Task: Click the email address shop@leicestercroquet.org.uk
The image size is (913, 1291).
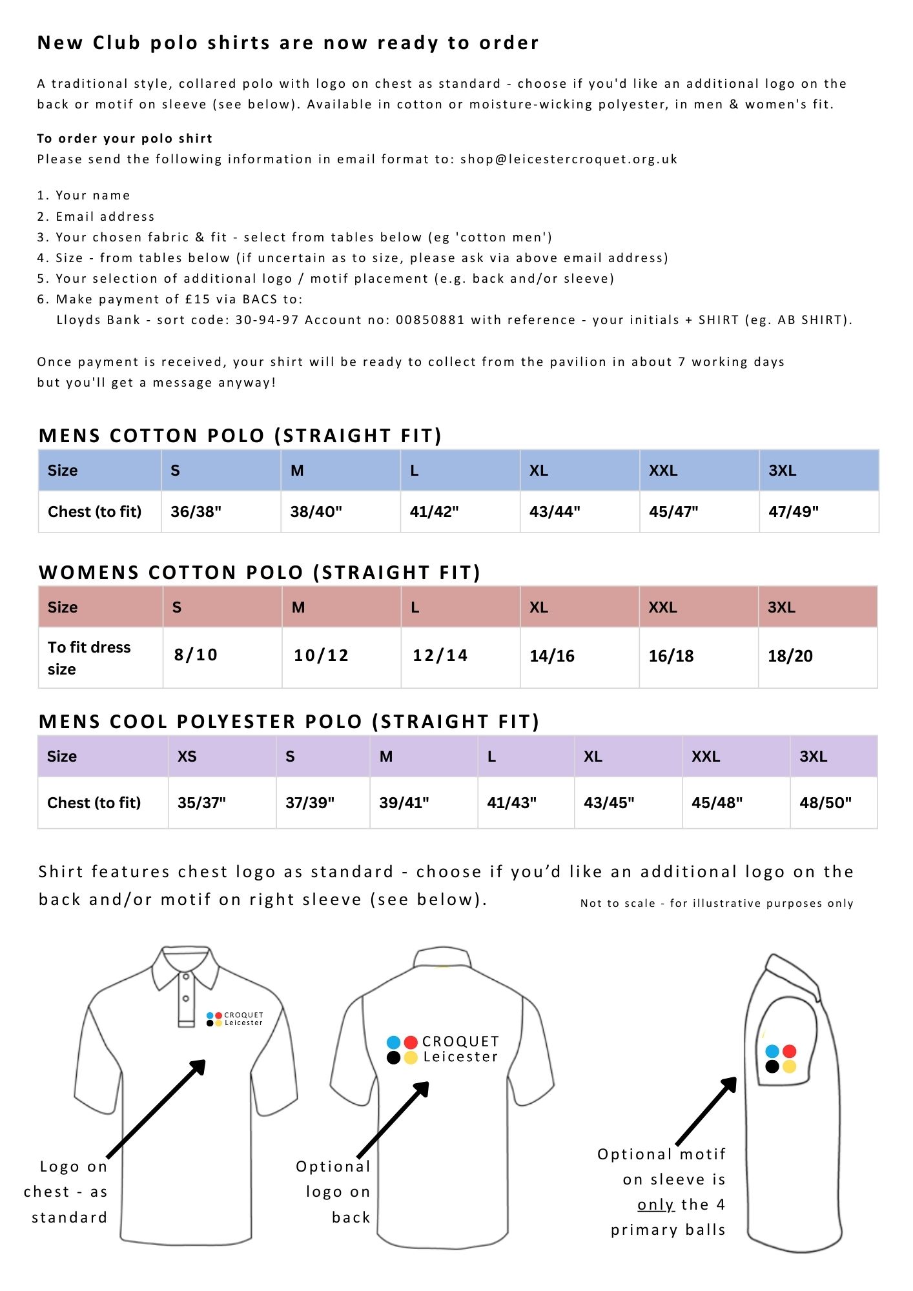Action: click(569, 159)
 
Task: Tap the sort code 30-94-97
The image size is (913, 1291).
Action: click(267, 320)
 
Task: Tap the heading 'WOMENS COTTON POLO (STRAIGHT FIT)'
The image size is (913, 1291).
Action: click(260, 573)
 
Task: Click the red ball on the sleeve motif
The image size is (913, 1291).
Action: click(789, 1052)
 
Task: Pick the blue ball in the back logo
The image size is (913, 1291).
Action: click(393, 1042)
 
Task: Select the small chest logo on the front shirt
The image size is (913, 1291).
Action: click(234, 1019)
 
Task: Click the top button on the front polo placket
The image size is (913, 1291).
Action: click(185, 977)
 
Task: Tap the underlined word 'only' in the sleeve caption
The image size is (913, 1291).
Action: click(655, 1205)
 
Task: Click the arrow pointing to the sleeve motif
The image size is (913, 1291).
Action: click(706, 1110)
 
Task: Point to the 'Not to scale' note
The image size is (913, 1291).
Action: click(717, 904)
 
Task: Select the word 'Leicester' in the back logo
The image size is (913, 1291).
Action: click(460, 1057)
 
